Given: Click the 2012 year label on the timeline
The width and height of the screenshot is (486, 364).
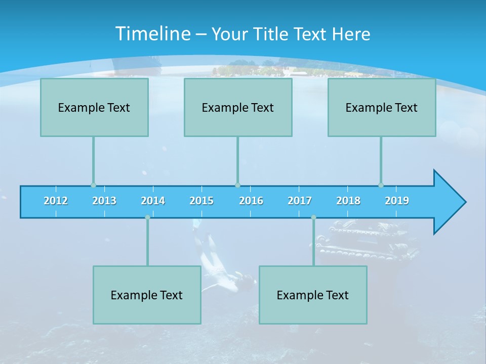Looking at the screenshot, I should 56,201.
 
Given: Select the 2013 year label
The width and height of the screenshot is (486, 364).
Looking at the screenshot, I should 104,201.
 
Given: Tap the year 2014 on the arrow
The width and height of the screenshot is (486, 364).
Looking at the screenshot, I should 153,201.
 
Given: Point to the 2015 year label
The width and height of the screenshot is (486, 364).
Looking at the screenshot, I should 201,201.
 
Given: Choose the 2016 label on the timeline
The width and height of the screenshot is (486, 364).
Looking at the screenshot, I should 251,201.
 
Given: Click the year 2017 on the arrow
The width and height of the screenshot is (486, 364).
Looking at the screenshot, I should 300,201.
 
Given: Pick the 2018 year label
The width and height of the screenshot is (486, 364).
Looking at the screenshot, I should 348,201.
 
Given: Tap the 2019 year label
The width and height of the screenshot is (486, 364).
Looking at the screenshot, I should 397,201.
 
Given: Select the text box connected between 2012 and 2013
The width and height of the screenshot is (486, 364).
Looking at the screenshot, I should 94,107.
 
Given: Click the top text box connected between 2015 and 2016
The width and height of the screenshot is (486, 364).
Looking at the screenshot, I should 238,107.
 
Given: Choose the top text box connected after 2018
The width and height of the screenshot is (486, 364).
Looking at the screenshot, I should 382,107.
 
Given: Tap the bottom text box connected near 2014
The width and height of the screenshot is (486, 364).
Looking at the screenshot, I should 147,295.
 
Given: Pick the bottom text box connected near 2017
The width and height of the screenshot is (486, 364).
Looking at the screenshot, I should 313,295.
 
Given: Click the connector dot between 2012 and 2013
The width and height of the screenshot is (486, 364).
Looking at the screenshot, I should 93,185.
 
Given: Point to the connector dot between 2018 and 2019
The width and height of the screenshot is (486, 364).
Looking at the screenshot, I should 381,185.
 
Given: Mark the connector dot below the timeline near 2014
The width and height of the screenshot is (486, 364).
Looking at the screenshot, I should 147,217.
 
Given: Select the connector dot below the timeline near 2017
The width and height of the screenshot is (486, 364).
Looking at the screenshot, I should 313,217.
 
